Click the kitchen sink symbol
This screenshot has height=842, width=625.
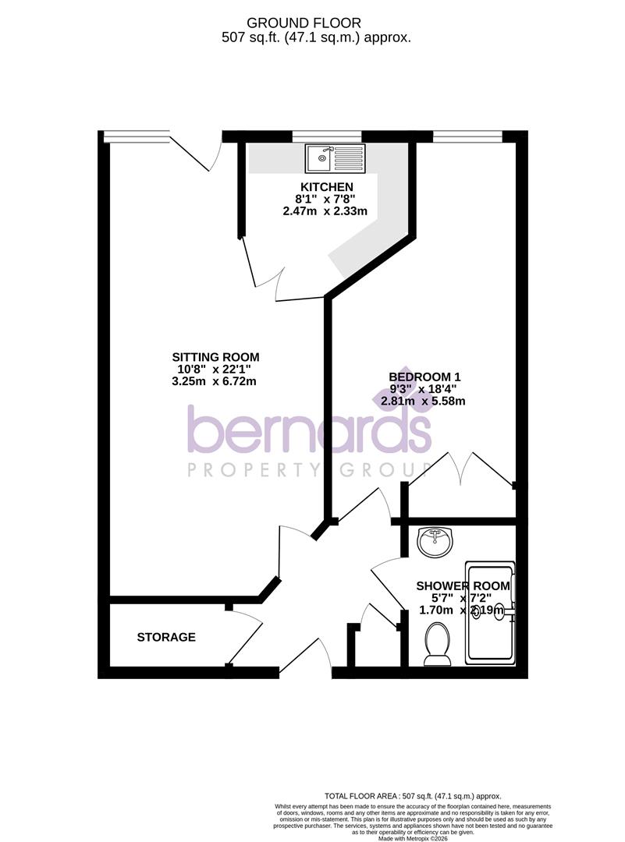(335, 158)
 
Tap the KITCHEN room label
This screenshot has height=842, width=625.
(327, 187)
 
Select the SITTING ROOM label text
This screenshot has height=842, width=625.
(218, 358)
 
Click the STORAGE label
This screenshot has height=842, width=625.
(166, 637)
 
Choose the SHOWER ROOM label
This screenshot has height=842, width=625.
(463, 586)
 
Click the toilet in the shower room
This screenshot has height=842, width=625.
(438, 648)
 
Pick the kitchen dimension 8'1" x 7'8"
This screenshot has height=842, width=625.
(326, 199)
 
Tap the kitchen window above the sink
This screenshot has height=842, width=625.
(327, 136)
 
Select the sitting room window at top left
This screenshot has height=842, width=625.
(136, 136)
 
